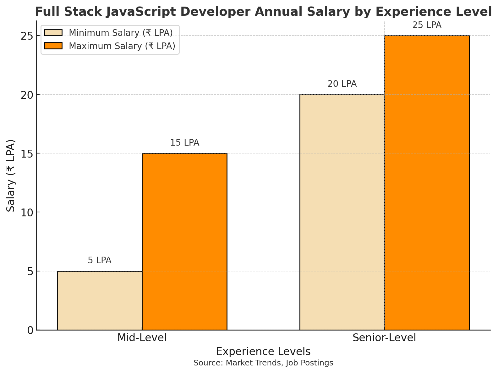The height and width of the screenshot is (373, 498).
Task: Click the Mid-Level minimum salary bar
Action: coord(100,300)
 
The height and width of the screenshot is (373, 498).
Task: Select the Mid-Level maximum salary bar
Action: coord(184,242)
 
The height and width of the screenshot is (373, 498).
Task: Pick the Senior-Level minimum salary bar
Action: coord(342,212)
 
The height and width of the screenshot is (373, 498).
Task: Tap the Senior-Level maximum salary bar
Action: coord(427,183)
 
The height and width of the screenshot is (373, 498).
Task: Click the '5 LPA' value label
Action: coord(100,260)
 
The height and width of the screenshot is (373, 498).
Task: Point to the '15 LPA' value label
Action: coord(184,143)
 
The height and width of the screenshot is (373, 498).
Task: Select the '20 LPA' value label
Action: coord(342,84)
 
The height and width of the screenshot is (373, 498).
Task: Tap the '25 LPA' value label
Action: coord(427,25)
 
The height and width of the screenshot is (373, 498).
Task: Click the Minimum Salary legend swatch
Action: coord(53,33)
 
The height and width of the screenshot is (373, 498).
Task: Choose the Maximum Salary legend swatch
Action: coord(53,46)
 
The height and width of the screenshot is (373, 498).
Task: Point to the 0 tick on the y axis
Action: coord(30,330)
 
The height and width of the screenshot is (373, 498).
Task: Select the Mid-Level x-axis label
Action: coord(142,338)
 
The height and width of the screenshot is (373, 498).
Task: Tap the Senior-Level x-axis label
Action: coord(384,338)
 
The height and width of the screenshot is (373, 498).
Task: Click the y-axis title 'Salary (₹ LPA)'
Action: coord(11,175)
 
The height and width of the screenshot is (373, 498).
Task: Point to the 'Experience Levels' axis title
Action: coord(263,352)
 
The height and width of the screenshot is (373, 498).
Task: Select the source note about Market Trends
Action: coord(263,363)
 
